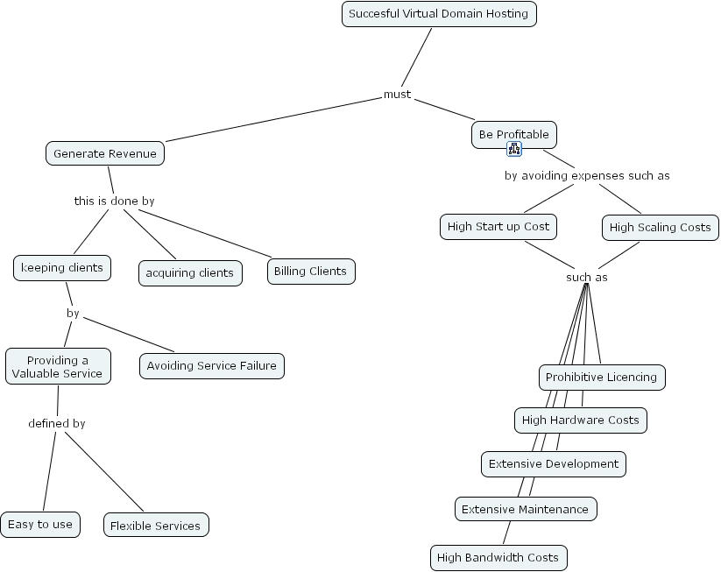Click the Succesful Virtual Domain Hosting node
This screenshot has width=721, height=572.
(438, 14)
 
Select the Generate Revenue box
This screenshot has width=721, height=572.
(105, 154)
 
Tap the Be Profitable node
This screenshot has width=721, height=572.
(513, 135)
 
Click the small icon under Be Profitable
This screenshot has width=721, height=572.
(514, 149)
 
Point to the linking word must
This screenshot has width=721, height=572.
(397, 95)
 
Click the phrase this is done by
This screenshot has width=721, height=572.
(114, 201)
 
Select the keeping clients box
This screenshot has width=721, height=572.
(62, 268)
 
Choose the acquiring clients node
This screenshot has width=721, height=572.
(189, 272)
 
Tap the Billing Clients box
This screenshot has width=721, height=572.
(310, 272)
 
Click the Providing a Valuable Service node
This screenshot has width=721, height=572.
(58, 367)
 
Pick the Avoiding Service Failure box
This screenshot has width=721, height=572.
(211, 366)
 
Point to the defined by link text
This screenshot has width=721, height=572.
(57, 424)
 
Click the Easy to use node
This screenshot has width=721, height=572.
(40, 525)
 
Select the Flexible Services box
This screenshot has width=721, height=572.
(155, 526)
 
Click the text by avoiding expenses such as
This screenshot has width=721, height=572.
(587, 176)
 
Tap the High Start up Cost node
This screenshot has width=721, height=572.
(498, 227)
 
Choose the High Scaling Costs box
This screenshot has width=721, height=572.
(660, 228)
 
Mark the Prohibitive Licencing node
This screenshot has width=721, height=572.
(601, 378)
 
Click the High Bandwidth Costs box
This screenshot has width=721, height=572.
(498, 558)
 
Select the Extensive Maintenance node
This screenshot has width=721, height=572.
(525, 509)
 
